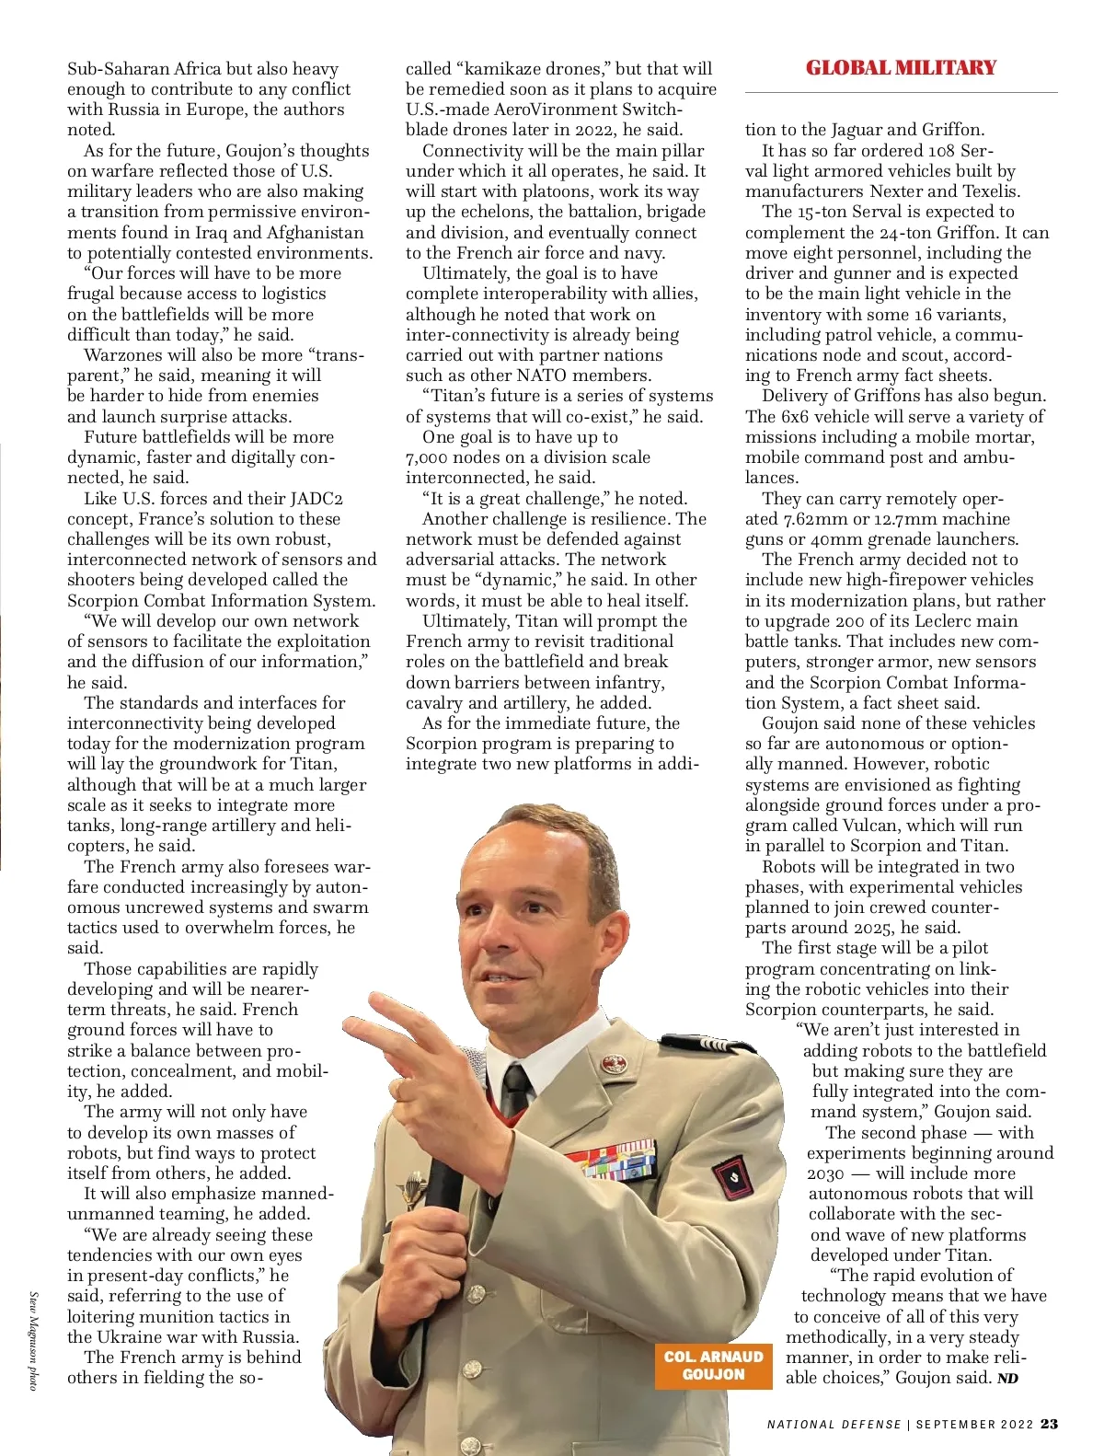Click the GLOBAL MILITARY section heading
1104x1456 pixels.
point(901,68)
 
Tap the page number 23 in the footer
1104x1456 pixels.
point(1049,1424)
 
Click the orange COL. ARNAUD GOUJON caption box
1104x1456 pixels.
point(713,1365)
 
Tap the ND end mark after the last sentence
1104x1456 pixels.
point(1007,1379)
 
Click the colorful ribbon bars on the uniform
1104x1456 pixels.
point(613,1161)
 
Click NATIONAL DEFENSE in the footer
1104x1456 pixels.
point(834,1425)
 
